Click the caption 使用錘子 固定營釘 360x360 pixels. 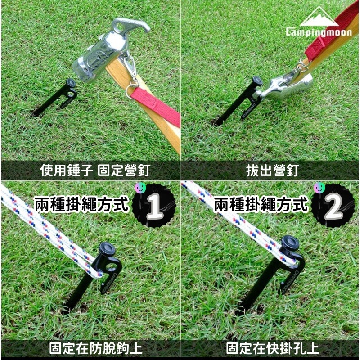94,171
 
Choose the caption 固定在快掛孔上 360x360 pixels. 270,348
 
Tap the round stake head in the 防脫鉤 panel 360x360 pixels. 107,248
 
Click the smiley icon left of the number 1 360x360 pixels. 139,188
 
